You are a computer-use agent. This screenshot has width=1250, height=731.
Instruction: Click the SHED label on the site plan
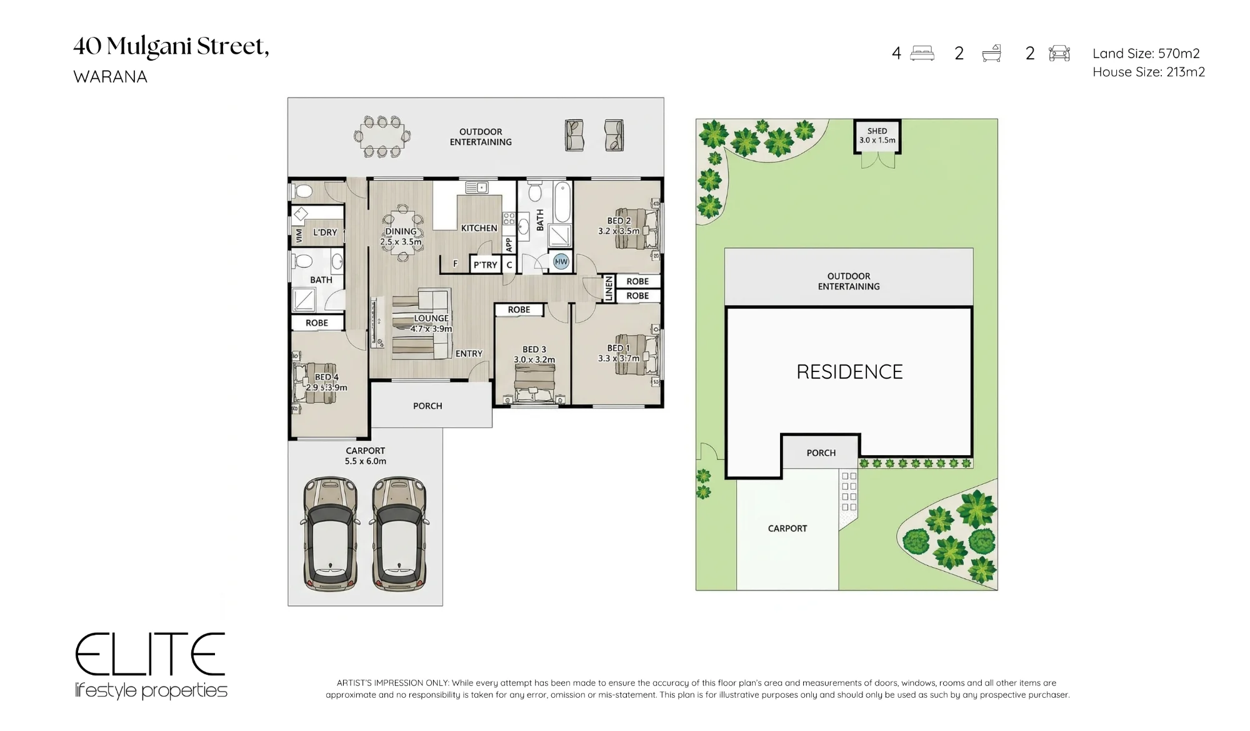[877, 131]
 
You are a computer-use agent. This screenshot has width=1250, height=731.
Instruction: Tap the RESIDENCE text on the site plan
[849, 372]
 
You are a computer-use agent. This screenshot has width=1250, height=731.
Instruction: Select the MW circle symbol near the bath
[561, 261]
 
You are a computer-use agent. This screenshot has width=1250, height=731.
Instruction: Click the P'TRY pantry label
[486, 265]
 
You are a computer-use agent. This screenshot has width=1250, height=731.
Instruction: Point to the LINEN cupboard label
[609, 289]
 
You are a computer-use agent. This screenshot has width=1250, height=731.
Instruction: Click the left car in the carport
[330, 534]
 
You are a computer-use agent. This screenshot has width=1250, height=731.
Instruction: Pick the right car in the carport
[399, 534]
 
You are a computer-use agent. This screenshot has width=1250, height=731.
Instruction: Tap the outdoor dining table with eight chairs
[382, 136]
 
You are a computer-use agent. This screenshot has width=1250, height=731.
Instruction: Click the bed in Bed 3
[534, 383]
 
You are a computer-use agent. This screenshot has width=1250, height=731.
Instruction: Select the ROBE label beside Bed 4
[317, 323]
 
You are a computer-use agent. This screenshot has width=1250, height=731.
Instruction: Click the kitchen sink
[477, 187]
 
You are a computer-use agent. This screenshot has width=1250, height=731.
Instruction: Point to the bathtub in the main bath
[562, 203]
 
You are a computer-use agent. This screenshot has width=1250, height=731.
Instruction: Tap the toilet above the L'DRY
[304, 191]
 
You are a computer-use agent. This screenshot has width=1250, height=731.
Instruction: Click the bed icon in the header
[922, 53]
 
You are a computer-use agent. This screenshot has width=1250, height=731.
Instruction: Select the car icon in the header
[1059, 53]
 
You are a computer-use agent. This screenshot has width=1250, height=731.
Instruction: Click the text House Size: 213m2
[1149, 72]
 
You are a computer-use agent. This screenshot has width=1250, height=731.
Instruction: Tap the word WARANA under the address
[111, 77]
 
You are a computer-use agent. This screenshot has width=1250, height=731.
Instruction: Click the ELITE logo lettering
[150, 654]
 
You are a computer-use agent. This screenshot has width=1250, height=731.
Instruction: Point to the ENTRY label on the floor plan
[469, 354]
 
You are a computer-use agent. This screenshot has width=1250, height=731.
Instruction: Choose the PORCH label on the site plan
[821, 453]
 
